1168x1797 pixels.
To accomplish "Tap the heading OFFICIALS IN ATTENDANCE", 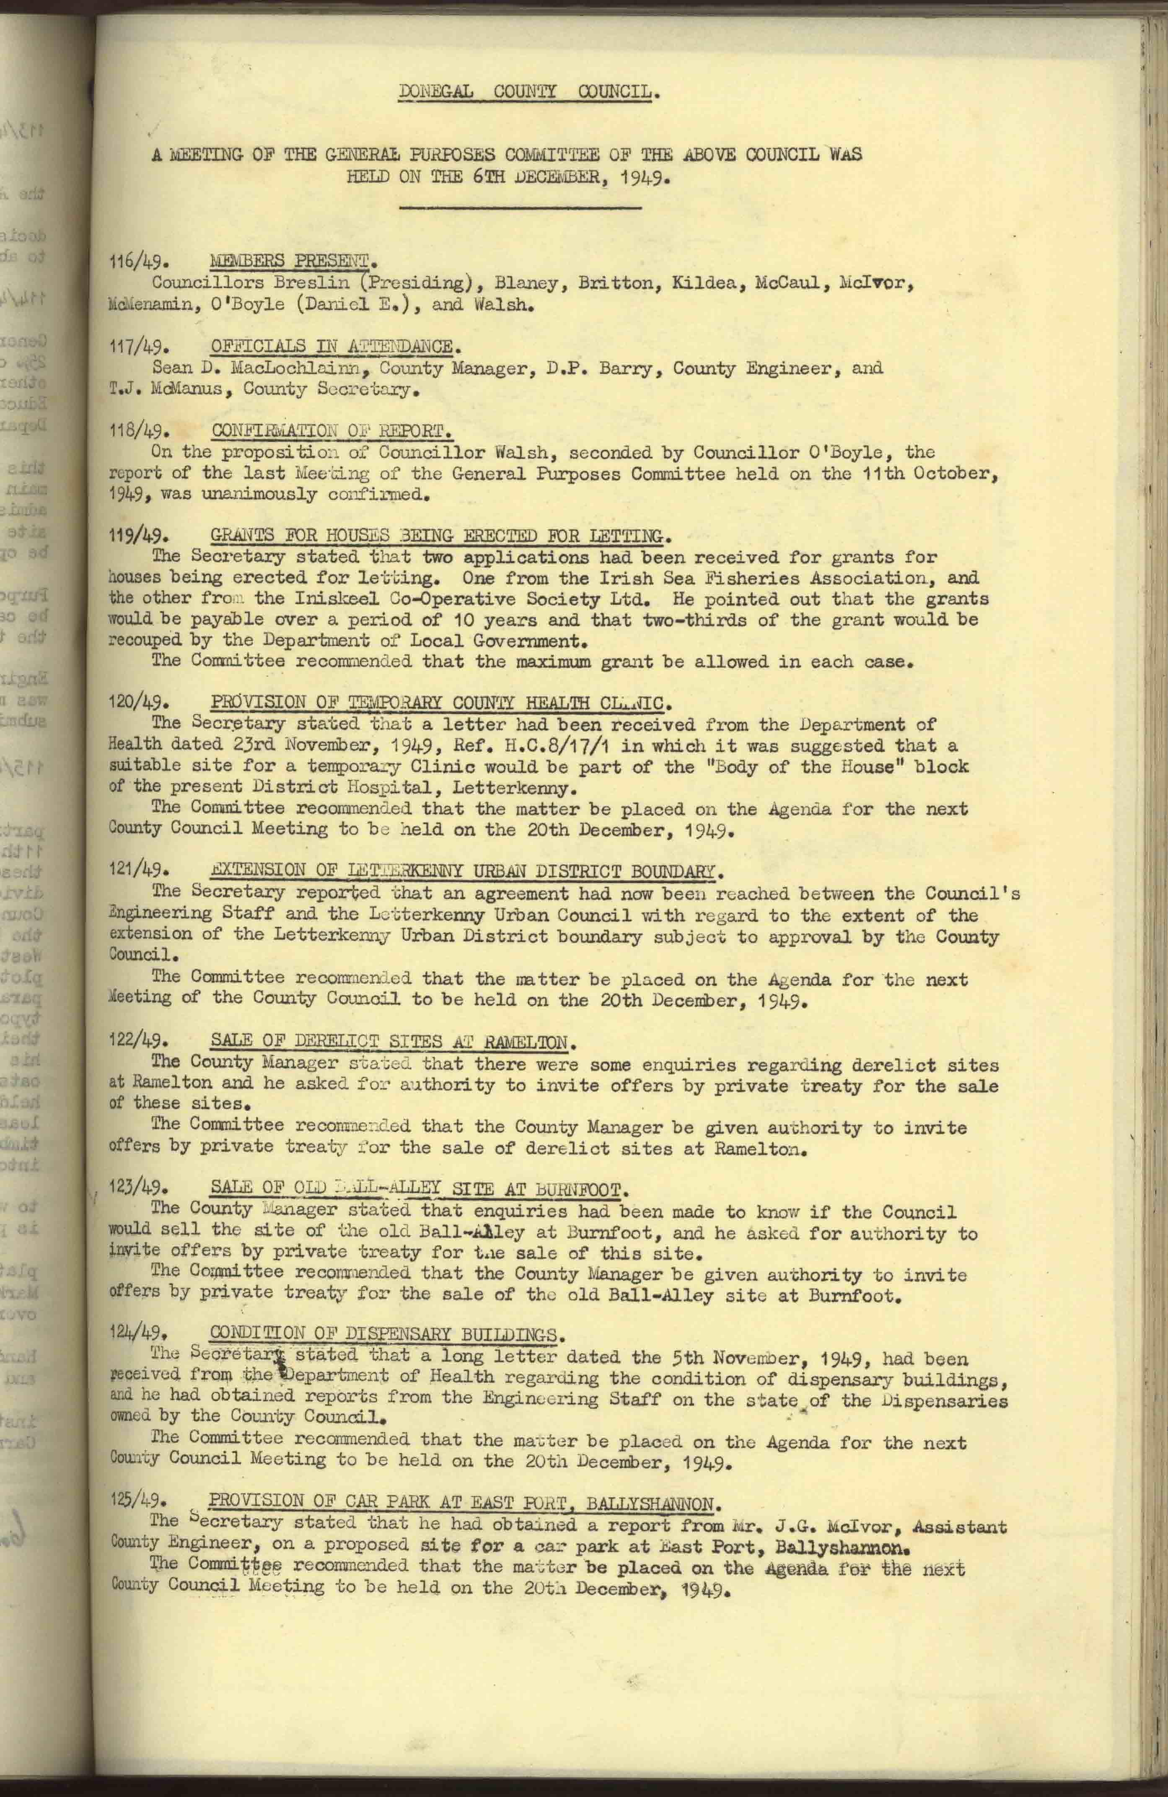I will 332,347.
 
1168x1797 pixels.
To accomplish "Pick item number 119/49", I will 137,537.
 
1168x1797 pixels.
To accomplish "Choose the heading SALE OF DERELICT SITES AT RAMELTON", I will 389,1043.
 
